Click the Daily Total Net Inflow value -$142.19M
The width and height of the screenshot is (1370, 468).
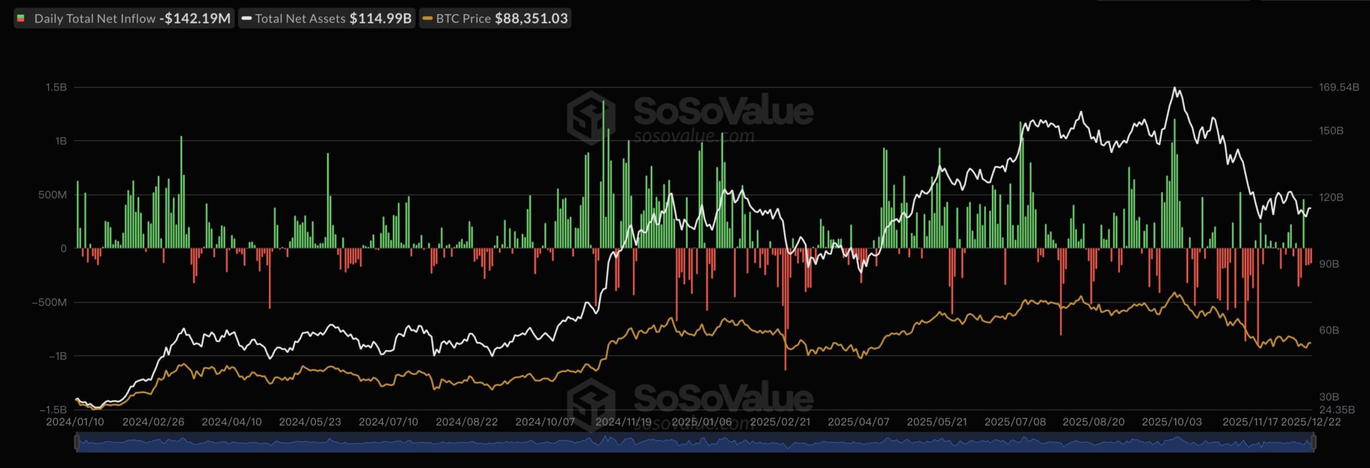[195, 19]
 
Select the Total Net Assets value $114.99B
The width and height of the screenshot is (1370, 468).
[380, 19]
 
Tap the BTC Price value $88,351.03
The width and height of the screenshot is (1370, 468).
[531, 19]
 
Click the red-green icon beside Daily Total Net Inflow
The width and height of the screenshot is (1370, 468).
[21, 19]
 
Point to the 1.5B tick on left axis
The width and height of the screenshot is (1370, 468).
[56, 88]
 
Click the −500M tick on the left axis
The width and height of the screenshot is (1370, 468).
[50, 303]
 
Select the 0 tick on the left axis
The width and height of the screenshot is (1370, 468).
[64, 248]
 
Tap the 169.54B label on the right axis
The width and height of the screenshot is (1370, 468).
[1339, 88]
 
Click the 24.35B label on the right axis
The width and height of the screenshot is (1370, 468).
[1337, 410]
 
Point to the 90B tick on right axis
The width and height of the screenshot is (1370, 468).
[1329, 264]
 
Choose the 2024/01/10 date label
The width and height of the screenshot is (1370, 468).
[75, 422]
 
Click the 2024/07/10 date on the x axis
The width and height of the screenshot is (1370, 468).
[388, 422]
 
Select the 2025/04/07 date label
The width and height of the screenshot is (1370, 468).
[858, 422]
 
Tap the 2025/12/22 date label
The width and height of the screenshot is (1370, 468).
[1310, 422]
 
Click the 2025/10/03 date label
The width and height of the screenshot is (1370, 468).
[1171, 422]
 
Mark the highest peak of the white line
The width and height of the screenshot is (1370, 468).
[1175, 88]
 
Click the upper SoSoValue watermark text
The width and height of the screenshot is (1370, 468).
[722, 110]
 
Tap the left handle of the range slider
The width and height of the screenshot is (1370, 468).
[77, 443]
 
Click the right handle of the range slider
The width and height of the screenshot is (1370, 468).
[1313, 443]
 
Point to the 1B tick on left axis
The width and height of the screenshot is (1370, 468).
[60, 141]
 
